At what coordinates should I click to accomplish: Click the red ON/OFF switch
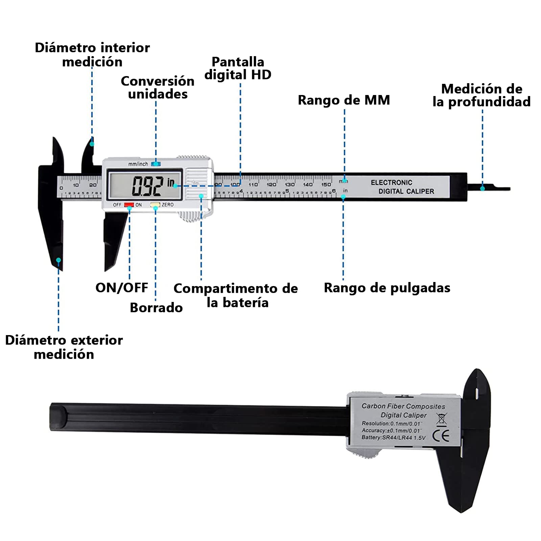(129, 205)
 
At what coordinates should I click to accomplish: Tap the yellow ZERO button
(155, 205)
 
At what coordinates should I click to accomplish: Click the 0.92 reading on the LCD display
(147, 186)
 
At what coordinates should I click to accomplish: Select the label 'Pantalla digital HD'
(238, 68)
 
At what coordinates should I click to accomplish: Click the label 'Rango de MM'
(344, 100)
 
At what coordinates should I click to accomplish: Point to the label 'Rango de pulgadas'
(387, 288)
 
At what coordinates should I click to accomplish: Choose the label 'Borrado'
(156, 308)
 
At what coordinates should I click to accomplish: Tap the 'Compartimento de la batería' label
(236, 295)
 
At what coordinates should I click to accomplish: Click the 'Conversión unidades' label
(158, 88)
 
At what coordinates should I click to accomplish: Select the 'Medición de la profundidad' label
(481, 95)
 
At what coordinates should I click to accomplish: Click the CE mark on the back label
(441, 436)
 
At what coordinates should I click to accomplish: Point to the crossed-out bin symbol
(441, 419)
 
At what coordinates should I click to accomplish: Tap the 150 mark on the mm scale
(326, 185)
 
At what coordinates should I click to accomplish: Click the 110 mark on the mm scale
(253, 185)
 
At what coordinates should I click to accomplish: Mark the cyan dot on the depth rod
(483, 188)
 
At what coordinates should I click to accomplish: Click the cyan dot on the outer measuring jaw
(58, 260)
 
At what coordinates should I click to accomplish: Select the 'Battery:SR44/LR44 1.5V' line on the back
(393, 438)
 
